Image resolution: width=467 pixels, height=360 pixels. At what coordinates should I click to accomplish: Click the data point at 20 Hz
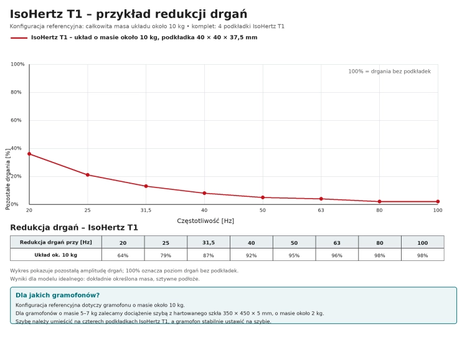(29, 154)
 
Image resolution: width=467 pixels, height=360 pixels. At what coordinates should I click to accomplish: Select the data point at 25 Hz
(88, 175)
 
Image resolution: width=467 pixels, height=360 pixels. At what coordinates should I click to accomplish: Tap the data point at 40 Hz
(204, 193)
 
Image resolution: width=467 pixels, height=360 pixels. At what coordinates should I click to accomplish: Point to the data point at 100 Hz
(438, 201)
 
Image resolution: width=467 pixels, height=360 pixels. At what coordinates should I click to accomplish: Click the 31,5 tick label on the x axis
(146, 210)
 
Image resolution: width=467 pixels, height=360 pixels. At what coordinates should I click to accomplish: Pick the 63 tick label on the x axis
(321, 210)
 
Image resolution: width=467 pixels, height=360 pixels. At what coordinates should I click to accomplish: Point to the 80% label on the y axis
(16, 92)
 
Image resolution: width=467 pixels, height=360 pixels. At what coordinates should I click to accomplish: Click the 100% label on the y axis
(17, 64)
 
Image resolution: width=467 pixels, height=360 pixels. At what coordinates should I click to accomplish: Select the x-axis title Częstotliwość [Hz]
(205, 221)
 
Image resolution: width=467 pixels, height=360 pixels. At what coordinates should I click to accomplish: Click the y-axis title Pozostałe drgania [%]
(7, 179)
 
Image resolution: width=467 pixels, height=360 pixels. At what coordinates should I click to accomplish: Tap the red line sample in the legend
(19, 38)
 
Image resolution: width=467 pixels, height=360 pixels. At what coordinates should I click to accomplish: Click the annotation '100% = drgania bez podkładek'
(390, 72)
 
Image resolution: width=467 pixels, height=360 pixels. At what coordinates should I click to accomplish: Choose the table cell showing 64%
(123, 255)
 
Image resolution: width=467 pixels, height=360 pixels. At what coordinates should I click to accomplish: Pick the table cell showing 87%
(209, 255)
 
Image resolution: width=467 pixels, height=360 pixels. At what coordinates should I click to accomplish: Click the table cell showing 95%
(295, 255)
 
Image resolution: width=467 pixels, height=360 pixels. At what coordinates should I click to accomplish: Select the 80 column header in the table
(380, 242)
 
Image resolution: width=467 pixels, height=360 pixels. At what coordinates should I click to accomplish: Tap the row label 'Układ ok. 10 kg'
(56, 255)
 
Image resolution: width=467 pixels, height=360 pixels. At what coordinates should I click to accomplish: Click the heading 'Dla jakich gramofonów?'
(57, 295)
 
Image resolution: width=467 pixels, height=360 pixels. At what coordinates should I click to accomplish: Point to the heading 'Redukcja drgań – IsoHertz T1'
(74, 228)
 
